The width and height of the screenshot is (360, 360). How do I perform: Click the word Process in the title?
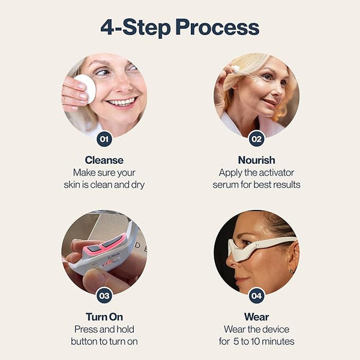[x=217, y=28]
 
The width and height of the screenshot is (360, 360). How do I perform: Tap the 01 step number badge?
[x=104, y=139]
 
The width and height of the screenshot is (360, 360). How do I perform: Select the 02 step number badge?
[x=256, y=139]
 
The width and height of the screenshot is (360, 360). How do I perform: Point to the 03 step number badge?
[x=104, y=296]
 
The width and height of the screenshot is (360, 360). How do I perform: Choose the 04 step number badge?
[x=256, y=296]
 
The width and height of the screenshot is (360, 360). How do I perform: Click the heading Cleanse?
[x=104, y=160]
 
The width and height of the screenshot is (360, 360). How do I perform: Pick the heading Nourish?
[x=256, y=160]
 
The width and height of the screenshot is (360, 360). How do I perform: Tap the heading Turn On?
[x=104, y=317]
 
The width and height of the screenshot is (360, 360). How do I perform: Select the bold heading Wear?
[x=256, y=317]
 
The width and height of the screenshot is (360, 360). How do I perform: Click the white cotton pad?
[x=85, y=88]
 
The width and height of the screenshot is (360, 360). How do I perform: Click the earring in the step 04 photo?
[x=292, y=271]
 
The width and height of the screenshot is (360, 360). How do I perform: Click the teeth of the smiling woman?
[x=122, y=102]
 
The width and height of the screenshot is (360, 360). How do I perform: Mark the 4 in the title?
[x=107, y=27]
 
